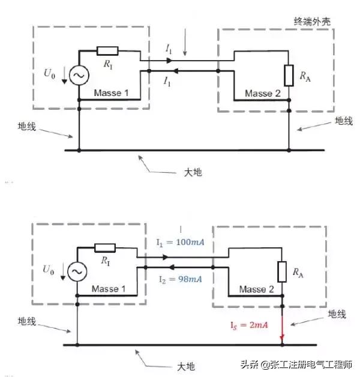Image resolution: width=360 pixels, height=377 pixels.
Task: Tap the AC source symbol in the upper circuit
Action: point(79,75)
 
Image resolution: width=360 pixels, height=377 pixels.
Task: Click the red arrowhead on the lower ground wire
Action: point(281,342)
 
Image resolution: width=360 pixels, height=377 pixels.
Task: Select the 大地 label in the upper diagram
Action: point(191,172)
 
